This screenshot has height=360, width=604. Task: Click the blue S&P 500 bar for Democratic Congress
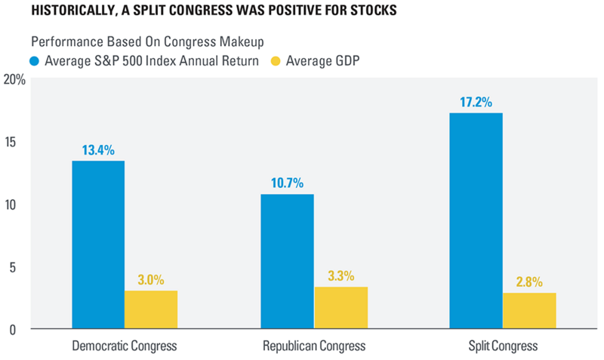[x=98, y=245]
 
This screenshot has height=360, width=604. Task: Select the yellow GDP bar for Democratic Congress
[x=151, y=309]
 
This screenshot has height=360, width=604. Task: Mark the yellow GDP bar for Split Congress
[x=530, y=311]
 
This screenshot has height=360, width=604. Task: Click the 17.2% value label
[x=476, y=100]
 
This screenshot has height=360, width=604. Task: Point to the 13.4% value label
[x=98, y=149]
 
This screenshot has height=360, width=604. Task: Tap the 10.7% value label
[x=288, y=182]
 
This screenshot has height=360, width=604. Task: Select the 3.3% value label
[x=341, y=275]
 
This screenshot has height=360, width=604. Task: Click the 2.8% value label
[x=530, y=281]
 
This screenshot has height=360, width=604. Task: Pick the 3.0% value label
[x=151, y=278]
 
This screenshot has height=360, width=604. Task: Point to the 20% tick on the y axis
[x=14, y=79]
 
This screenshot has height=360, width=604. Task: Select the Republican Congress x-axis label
[x=314, y=346]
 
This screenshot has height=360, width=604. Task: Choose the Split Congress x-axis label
[x=503, y=346]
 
